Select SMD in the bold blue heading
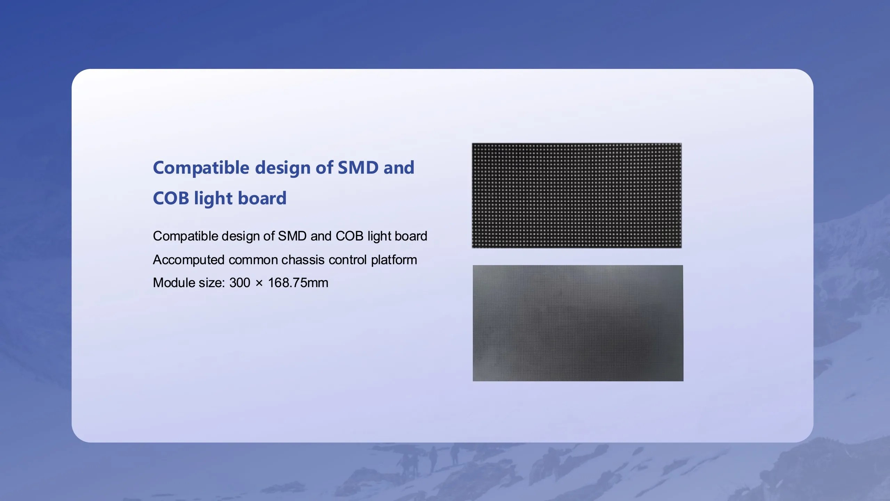(x=358, y=167)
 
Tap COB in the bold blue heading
(x=171, y=198)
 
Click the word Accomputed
(x=188, y=260)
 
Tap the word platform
(x=394, y=260)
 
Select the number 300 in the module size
(x=240, y=283)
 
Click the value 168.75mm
(x=298, y=283)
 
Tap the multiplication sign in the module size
(x=259, y=283)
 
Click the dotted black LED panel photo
(x=577, y=196)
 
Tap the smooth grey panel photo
(x=578, y=323)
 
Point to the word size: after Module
(x=212, y=283)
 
